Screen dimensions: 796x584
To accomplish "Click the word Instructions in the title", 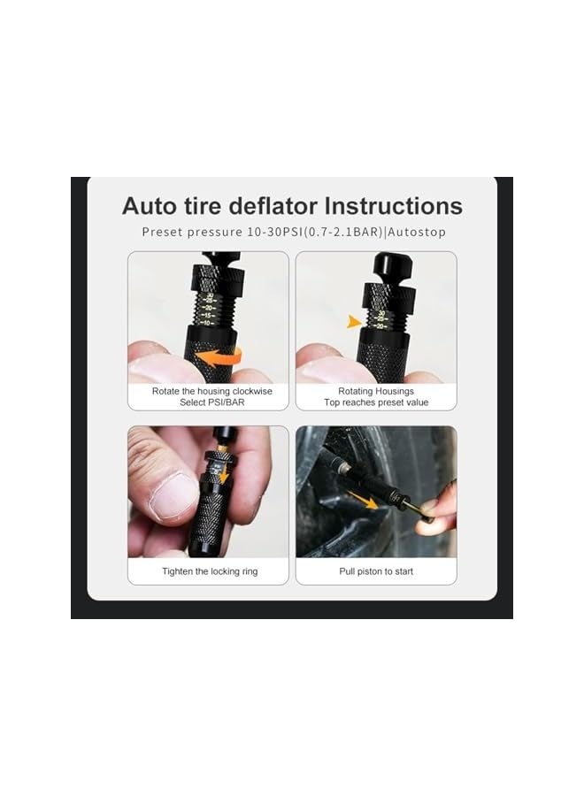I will (393, 206).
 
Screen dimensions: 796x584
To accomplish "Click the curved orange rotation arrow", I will (219, 356).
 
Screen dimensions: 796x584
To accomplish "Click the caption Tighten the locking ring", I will (210, 571).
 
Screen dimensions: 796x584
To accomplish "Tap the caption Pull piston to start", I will (376, 571).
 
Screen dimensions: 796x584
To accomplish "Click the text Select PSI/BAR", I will (210, 402).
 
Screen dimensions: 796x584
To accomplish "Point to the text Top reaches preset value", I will (376, 402).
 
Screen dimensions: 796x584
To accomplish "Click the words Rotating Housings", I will (376, 390).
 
